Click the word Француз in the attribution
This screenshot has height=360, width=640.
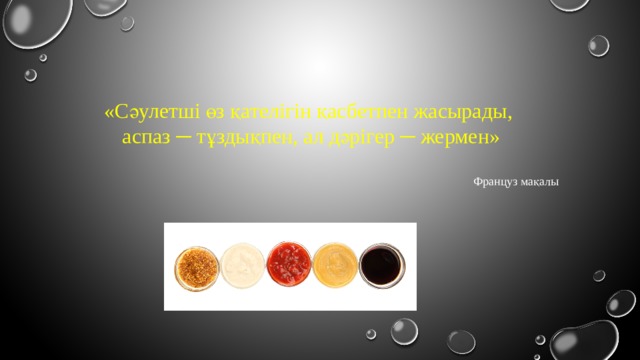(499, 182)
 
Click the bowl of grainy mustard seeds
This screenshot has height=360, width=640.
(196, 265)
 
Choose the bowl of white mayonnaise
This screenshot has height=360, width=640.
(243, 265)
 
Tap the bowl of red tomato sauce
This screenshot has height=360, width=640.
(290, 265)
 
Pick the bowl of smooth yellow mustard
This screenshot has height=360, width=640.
(335, 265)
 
